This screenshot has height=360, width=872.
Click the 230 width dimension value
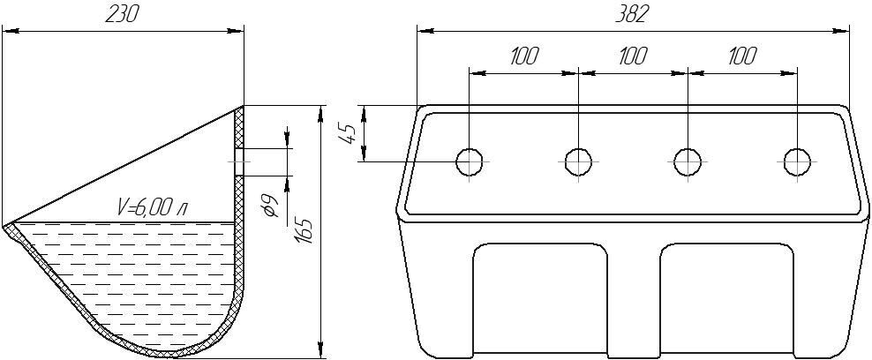point(121,16)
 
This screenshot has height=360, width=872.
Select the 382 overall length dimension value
point(633,15)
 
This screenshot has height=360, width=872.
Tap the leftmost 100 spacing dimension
point(523,56)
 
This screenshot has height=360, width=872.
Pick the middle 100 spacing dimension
point(632,56)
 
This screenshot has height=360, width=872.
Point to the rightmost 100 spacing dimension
point(742,56)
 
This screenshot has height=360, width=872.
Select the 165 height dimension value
point(304,231)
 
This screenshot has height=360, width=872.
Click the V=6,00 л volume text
point(153,207)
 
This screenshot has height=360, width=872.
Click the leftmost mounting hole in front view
point(470,161)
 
